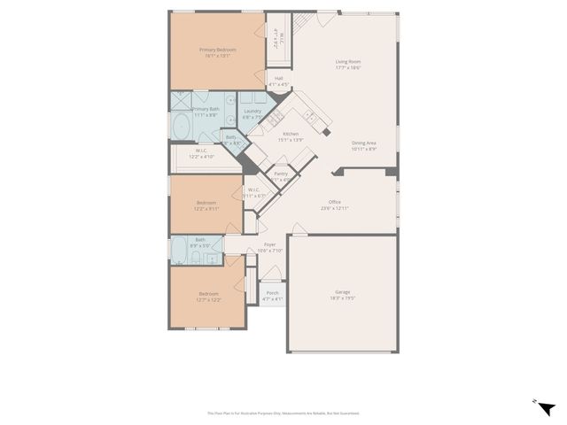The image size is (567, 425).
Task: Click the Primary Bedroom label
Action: [x=217, y=52]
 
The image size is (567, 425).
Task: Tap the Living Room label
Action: [x=347, y=64]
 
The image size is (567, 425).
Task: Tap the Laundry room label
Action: [x=252, y=113]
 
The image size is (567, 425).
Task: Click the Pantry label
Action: [x=281, y=176]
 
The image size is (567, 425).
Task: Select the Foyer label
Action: [x=270, y=247]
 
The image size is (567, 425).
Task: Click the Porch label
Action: [x=272, y=296]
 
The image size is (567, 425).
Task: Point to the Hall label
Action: [x=279, y=81]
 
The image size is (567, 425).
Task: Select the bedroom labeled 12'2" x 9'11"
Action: [x=206, y=205]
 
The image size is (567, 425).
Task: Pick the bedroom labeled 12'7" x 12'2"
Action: [x=208, y=297]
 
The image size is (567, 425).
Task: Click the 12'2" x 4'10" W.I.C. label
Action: [x=202, y=153]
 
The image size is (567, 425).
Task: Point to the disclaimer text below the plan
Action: [x=283, y=413]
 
